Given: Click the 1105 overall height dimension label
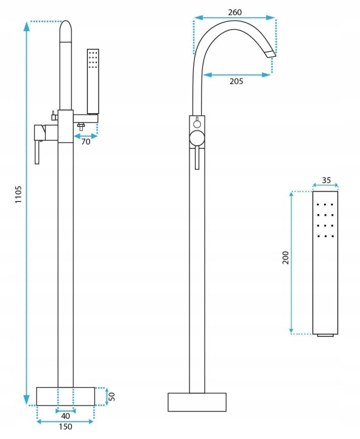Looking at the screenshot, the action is coord(18,195).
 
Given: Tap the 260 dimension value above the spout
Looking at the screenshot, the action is coord(235,12).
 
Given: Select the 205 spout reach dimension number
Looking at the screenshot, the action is coord(236,81).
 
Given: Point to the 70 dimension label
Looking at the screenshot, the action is coord(86,141).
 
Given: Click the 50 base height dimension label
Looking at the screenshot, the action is coord(111,396).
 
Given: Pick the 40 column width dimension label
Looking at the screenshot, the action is coord(65,416).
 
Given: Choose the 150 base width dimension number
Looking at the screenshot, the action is coord(65,427).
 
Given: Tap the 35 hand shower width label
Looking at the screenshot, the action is coord(326,180).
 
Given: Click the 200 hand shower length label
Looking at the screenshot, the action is coord(285,257).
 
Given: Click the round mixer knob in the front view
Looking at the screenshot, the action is coord(197,138).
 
